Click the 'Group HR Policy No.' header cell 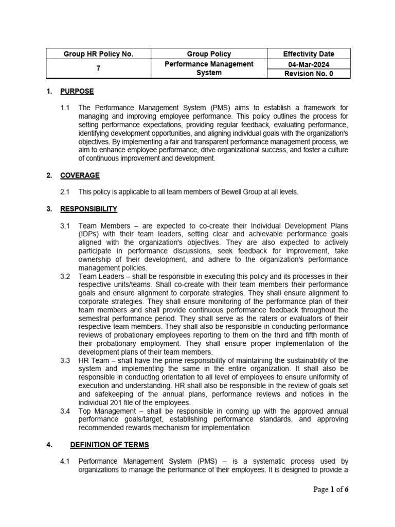tap(98, 54)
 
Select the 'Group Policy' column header tap(209, 54)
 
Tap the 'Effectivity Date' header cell tap(309, 54)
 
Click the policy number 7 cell tap(98, 68)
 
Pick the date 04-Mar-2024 tap(309, 64)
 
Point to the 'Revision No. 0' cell tap(309, 74)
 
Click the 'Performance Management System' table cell tap(209, 68)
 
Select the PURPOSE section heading tap(77, 91)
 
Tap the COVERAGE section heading tap(80, 175)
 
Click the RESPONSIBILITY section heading tap(88, 209)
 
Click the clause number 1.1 tap(65, 108)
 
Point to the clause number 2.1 tap(65, 192)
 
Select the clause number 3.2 tap(65, 276)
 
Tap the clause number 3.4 tap(65, 411)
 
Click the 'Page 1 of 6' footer tap(331, 489)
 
